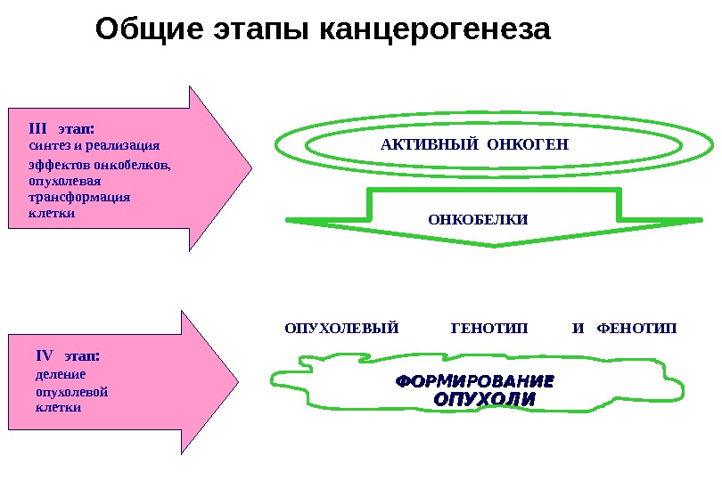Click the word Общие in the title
[x=149, y=29]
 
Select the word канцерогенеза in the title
[x=434, y=31]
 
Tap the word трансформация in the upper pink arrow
[x=79, y=197]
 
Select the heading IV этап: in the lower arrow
[x=68, y=356]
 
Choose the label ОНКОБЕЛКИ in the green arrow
[x=478, y=219]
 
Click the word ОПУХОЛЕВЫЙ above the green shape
[x=341, y=329]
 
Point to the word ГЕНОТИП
[x=489, y=329]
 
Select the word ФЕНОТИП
[x=636, y=329]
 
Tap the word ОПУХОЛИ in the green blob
[x=484, y=399]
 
